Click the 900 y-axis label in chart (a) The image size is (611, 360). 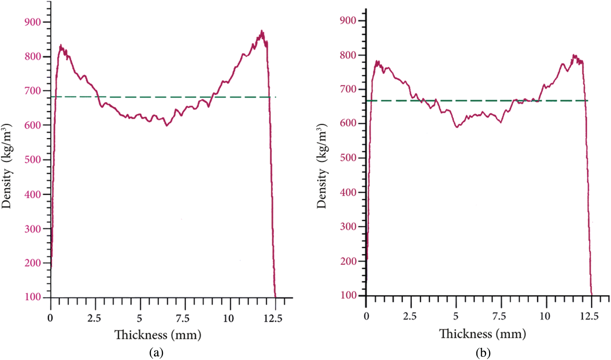point(32,22)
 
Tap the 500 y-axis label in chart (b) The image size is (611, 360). point(348,158)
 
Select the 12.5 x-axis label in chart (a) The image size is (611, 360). point(273,318)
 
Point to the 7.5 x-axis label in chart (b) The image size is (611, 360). point(499,316)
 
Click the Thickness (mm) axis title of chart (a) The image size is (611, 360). point(158,335)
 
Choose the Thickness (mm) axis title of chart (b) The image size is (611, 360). point(482,334)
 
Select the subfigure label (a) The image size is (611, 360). point(156,352)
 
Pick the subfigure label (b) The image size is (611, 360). point(483,352)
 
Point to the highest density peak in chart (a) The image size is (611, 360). point(262,32)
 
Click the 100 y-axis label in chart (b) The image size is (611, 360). point(348,295)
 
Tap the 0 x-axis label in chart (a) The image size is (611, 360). point(51,318)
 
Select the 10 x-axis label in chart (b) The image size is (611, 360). point(545,316)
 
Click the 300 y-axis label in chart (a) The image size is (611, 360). point(32,229)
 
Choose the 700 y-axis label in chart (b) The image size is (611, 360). point(348,89)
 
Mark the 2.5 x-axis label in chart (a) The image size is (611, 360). point(94,318)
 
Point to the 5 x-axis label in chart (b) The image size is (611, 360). point(456,316)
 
